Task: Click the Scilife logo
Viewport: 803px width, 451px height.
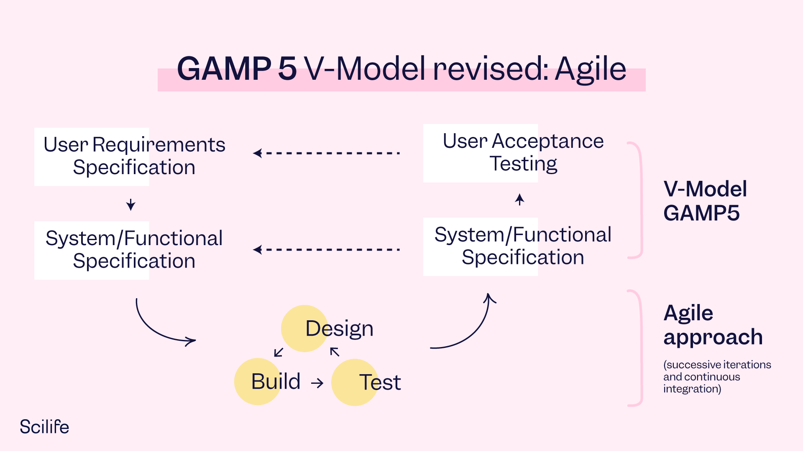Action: (44, 427)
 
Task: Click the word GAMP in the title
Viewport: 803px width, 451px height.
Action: (224, 69)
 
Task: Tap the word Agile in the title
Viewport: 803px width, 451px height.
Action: (590, 69)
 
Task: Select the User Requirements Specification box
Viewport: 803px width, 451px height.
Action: (134, 156)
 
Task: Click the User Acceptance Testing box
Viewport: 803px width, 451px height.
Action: (523, 153)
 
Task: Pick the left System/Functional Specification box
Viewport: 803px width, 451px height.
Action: (134, 250)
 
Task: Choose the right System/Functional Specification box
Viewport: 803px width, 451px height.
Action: (523, 246)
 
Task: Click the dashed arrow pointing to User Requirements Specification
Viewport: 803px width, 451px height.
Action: (326, 153)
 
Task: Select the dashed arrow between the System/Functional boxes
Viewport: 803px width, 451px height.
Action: (326, 250)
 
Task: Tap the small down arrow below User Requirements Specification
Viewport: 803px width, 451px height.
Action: (131, 205)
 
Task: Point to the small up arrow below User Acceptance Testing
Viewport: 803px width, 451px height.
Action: (519, 200)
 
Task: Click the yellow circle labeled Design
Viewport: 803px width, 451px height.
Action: (304, 328)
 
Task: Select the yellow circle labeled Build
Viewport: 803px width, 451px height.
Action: (258, 381)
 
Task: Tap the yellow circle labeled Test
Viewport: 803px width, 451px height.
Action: (355, 382)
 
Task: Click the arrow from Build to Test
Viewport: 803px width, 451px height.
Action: (317, 383)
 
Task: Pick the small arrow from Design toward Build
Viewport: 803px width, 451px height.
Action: (279, 352)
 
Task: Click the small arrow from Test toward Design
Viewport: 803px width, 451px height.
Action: (335, 352)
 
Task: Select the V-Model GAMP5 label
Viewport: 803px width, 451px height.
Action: (705, 201)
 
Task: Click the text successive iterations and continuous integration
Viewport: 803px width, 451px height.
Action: (716, 377)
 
